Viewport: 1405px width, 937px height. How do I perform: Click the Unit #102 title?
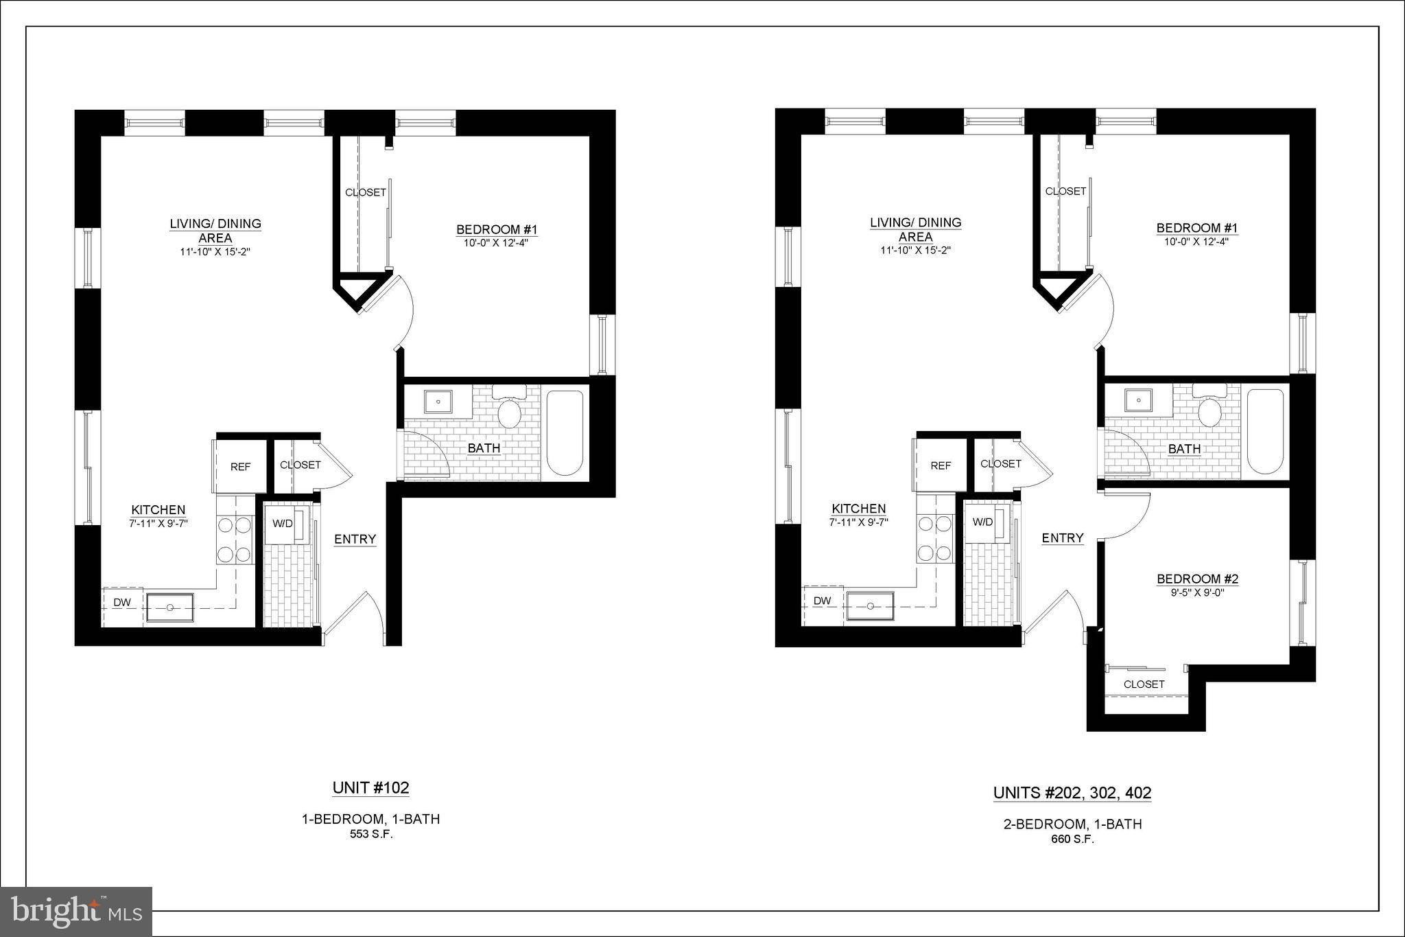tap(370, 787)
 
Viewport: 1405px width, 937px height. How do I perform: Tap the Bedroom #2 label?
tap(1197, 579)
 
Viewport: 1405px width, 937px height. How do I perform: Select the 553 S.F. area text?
tap(370, 835)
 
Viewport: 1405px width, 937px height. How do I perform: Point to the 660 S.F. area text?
tap(1072, 839)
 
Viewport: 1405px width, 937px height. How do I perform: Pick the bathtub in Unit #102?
tap(565, 432)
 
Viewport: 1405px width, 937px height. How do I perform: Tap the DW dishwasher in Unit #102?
tap(122, 603)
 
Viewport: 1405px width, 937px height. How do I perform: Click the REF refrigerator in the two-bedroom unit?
tap(941, 465)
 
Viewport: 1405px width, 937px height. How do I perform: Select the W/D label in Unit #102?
tap(283, 524)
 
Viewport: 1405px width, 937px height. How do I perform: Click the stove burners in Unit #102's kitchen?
tap(235, 540)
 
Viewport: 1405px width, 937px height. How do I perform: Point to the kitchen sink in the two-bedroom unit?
tap(870, 606)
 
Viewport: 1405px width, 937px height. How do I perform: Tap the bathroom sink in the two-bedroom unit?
tap(1138, 400)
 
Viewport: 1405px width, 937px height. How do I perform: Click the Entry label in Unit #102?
tap(355, 540)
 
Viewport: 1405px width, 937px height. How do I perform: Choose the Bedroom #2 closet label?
tap(1144, 684)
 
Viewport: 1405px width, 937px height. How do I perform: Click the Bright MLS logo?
tap(76, 912)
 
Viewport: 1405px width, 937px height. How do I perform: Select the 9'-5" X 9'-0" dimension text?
tap(1197, 592)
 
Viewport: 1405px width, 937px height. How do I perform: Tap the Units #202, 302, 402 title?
tap(1072, 793)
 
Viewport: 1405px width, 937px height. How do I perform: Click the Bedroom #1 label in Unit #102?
tap(497, 229)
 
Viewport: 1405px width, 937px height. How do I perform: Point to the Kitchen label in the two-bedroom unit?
tap(859, 509)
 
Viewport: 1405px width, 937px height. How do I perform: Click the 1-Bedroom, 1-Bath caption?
tap(370, 819)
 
